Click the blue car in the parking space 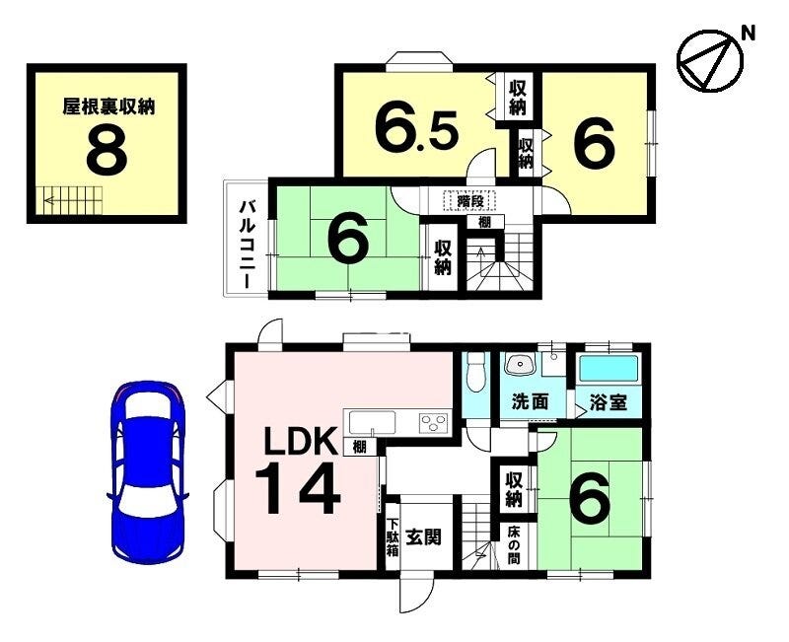tap(147, 472)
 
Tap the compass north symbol tap(709, 61)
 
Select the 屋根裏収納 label tap(108, 107)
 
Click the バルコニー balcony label tap(248, 245)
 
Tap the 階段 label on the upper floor tap(470, 201)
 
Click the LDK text tap(301, 441)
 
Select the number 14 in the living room tap(298, 489)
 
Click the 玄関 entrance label tap(424, 537)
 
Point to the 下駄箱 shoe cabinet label tap(393, 537)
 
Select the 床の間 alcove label tap(513, 545)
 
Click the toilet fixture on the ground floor tap(476, 372)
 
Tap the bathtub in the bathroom tap(609, 368)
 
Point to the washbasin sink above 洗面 tap(520, 364)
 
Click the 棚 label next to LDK tap(359, 447)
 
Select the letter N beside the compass tap(749, 34)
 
